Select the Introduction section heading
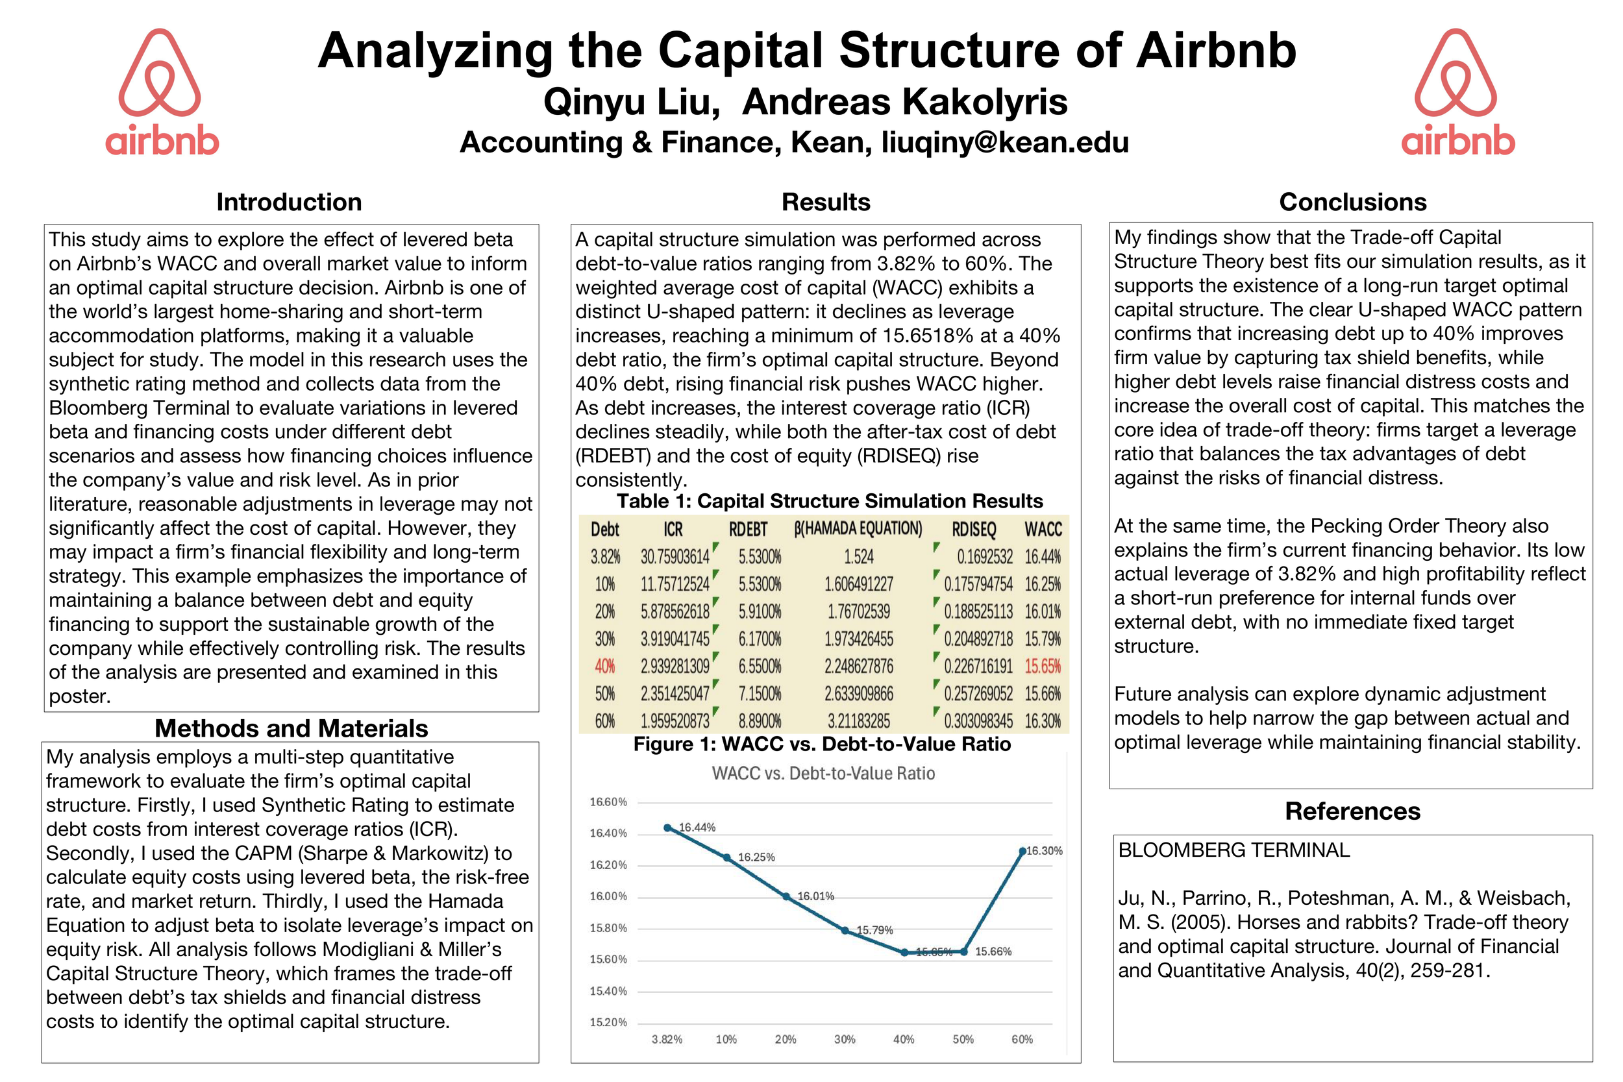(289, 202)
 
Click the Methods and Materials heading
(291, 729)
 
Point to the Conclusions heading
(1352, 202)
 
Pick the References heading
(1352, 811)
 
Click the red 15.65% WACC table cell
(1042, 667)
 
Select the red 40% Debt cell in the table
(604, 667)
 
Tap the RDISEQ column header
(974, 530)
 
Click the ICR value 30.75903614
(675, 557)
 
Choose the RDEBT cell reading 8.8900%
(760, 721)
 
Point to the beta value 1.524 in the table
(858, 557)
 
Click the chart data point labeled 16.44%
(667, 828)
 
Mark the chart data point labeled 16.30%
(1022, 852)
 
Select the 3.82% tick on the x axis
(667, 1040)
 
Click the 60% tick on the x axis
(1022, 1040)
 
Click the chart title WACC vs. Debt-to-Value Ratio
(823, 774)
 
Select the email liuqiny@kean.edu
(1005, 142)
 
